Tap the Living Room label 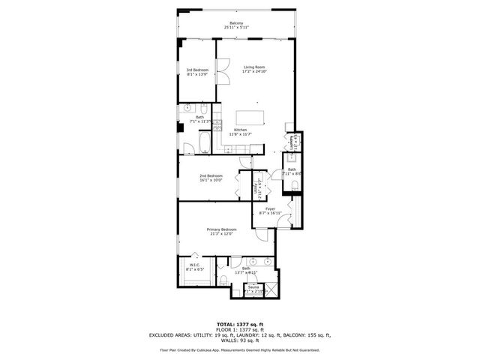(254, 67)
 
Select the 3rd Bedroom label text (196, 70)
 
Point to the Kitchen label (240, 130)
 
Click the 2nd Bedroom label (211, 175)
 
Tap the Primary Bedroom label (221, 229)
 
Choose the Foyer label (270, 208)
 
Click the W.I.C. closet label (193, 264)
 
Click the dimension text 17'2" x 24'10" (254, 72)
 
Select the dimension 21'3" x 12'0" (221, 233)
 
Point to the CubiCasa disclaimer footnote (240, 349)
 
